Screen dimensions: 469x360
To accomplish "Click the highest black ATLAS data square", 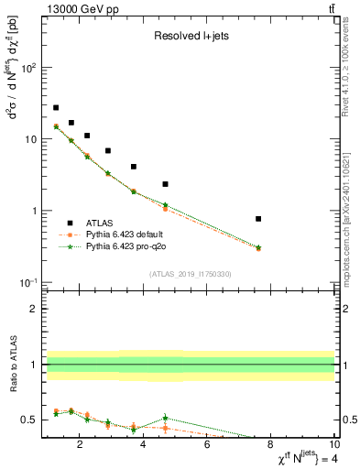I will [56, 108].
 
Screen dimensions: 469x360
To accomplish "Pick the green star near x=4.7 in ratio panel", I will [165, 418].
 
